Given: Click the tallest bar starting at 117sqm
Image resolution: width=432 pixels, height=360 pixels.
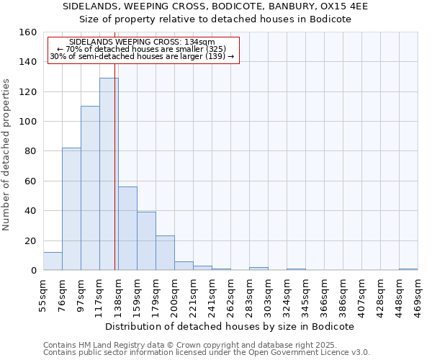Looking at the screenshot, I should [x=109, y=174].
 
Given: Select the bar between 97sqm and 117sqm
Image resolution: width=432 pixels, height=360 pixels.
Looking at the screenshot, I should [x=90, y=188].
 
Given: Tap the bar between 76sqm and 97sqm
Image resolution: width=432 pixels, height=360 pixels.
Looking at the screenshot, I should [x=71, y=209].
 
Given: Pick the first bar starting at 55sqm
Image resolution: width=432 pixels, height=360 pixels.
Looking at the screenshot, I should [x=53, y=261].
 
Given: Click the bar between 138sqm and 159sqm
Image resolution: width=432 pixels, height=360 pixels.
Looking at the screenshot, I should [x=127, y=228].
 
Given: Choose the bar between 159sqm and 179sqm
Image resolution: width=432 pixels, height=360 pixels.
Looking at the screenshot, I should [x=146, y=241].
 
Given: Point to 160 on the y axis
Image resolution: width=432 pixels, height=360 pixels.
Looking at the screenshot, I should [x=28, y=32].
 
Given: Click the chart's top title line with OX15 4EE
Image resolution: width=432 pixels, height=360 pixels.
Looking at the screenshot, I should [x=215, y=6].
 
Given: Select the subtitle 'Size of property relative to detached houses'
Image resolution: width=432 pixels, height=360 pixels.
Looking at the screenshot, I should [x=215, y=19].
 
